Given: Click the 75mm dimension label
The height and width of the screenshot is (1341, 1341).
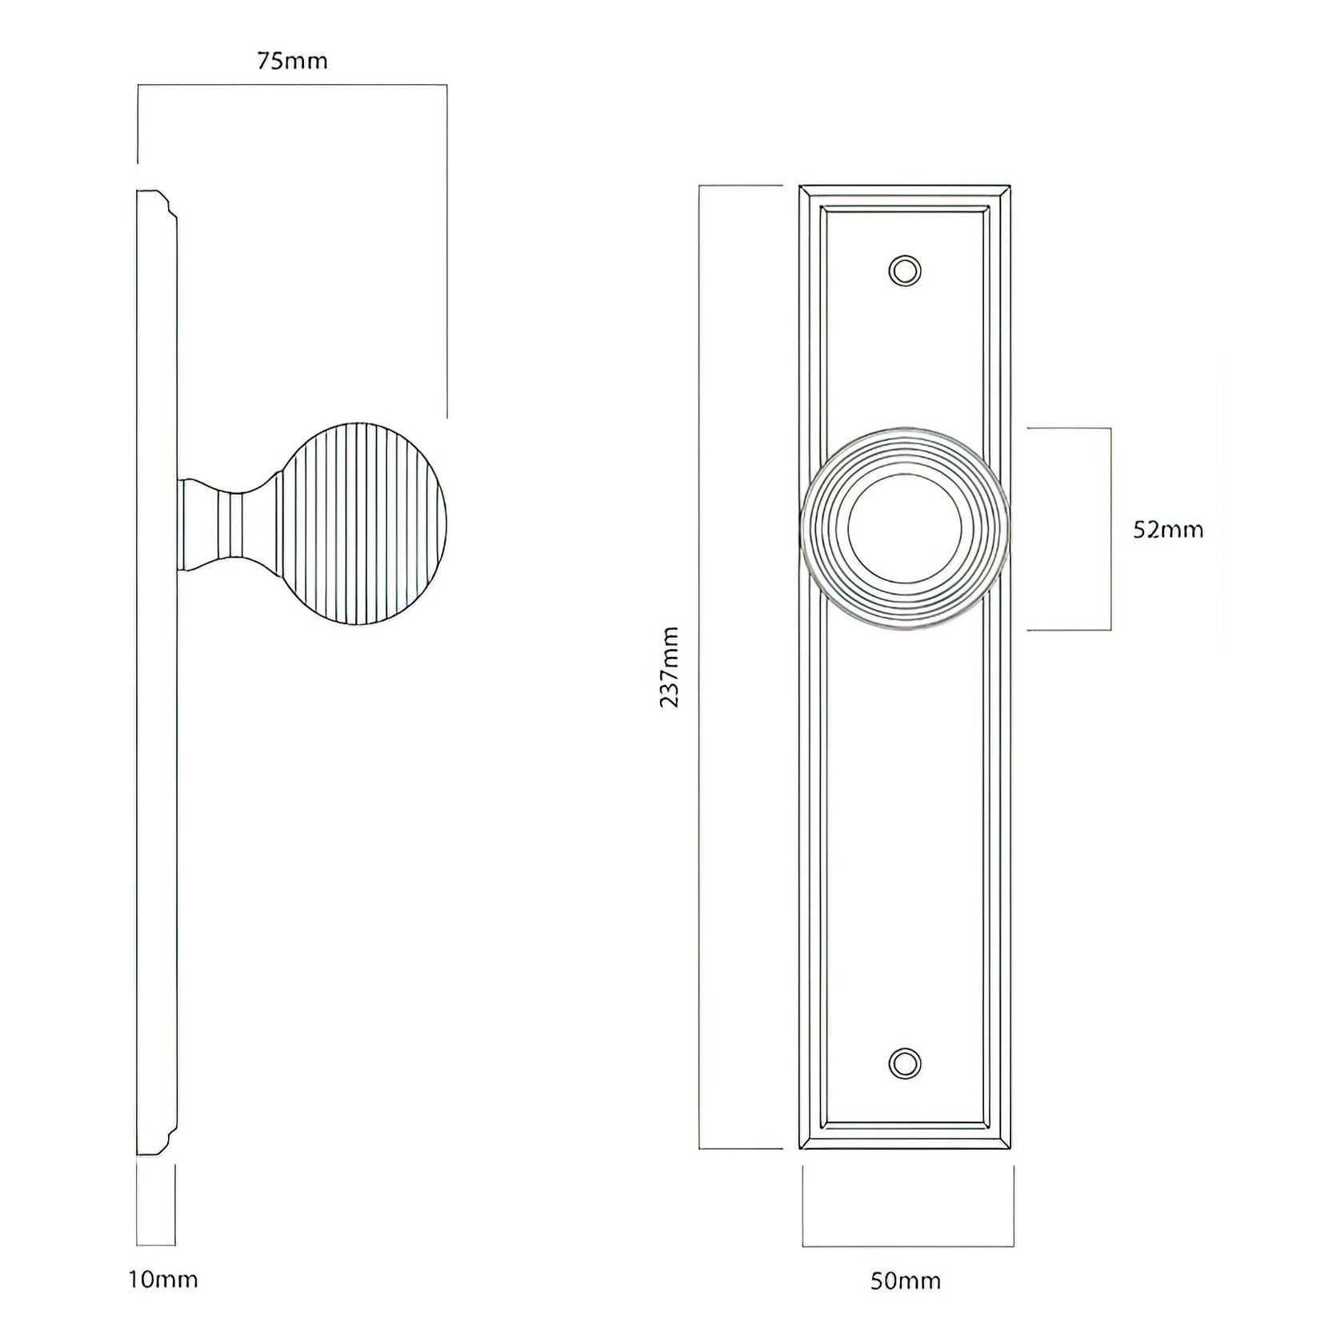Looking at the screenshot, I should tap(292, 62).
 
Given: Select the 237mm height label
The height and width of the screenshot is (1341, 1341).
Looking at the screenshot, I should tap(670, 667).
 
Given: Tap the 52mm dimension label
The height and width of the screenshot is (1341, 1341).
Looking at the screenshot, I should tap(1167, 530).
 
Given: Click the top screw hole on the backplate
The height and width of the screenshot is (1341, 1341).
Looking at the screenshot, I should tap(905, 270).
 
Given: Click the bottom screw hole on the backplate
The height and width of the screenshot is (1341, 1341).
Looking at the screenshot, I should tap(905, 1063).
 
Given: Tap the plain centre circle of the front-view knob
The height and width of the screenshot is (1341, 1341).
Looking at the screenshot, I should tap(905, 530).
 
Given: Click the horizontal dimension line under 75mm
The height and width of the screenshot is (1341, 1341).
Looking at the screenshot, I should tap(292, 84).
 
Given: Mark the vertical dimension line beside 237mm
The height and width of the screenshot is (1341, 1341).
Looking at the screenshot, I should tap(700, 667).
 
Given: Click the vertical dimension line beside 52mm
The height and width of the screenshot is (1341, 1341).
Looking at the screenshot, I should tap(1111, 530).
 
